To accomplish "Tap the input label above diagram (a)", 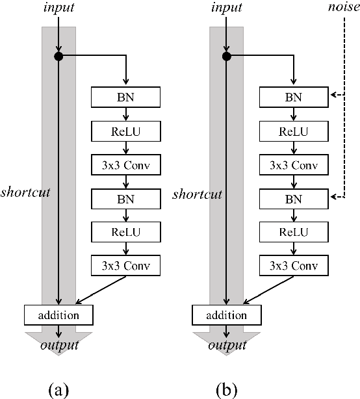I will [58, 8].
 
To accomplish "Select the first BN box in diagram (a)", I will [125, 98].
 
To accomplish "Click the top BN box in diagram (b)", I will [293, 98].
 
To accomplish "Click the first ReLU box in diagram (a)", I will [125, 132].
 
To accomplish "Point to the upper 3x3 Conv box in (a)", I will [125, 164].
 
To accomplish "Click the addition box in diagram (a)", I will [58, 315].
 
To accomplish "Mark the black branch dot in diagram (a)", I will [58, 57].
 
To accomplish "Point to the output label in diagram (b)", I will [225, 344].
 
